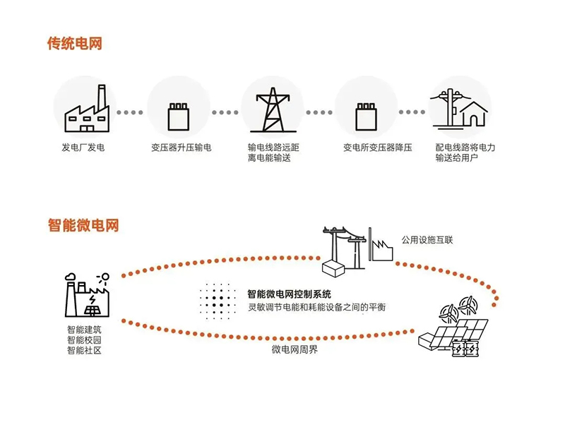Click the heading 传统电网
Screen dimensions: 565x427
(75, 43)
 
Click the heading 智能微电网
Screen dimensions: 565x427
(83, 225)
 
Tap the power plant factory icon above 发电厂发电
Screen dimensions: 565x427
(86, 109)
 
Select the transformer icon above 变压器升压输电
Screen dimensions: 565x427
(179, 116)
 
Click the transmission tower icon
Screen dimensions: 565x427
(273, 110)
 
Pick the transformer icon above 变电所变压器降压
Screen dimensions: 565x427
(366, 116)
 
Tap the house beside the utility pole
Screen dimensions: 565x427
(474, 114)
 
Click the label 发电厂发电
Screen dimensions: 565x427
(83, 148)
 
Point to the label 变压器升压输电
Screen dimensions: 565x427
(182, 148)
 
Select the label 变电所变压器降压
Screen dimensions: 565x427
(378, 148)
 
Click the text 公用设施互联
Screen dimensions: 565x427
(427, 240)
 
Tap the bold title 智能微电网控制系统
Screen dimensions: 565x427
(289, 294)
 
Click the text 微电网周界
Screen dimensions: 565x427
(295, 349)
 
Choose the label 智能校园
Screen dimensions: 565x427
(84, 340)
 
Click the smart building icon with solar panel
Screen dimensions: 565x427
(87, 295)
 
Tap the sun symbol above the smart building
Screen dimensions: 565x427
(104, 277)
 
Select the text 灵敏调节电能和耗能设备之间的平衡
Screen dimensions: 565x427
(316, 307)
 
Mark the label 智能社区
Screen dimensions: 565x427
(84, 350)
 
